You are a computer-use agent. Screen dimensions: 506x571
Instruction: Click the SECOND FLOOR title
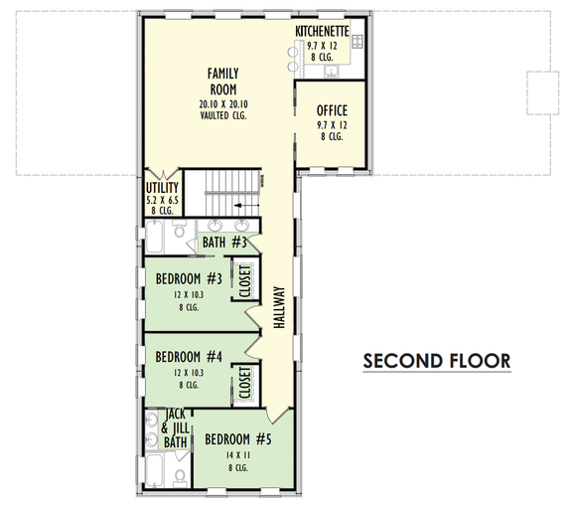click(x=436, y=360)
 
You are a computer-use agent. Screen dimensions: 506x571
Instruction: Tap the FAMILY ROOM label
click(x=222, y=82)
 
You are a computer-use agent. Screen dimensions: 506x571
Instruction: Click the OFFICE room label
click(x=332, y=110)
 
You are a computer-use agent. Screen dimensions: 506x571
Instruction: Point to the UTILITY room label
click(x=162, y=187)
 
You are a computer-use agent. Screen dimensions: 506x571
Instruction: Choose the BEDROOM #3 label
click(x=188, y=278)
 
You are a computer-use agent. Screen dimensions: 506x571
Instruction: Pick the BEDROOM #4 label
click(x=188, y=356)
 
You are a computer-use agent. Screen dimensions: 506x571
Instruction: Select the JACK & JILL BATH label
click(x=175, y=427)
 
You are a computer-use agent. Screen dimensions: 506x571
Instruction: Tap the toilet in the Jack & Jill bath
click(x=180, y=476)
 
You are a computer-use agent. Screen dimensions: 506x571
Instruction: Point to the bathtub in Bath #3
click(x=158, y=240)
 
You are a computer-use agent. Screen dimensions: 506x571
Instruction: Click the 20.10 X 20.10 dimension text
click(x=222, y=104)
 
